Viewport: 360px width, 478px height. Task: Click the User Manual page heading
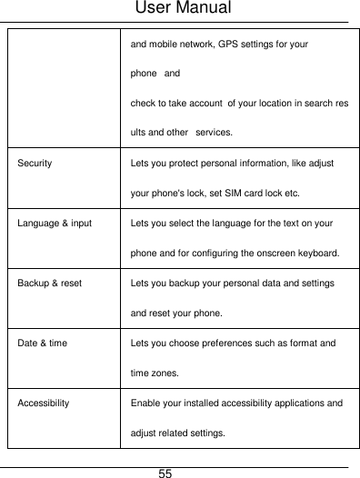pos(180,10)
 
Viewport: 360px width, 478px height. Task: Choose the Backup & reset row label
pos(48,283)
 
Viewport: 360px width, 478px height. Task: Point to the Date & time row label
pos(41,343)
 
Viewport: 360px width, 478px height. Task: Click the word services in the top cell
pos(210,134)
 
